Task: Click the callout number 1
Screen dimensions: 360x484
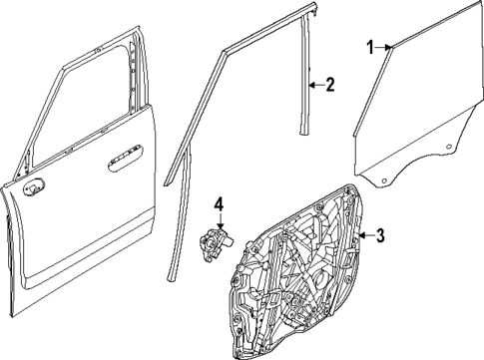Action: click(x=369, y=47)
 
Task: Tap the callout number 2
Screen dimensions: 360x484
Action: click(x=331, y=86)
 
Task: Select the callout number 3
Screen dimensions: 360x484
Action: click(x=379, y=235)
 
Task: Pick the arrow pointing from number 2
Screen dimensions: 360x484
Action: click(x=317, y=86)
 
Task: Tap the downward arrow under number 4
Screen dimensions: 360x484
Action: click(x=220, y=224)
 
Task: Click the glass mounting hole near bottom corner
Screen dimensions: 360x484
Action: click(x=379, y=176)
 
